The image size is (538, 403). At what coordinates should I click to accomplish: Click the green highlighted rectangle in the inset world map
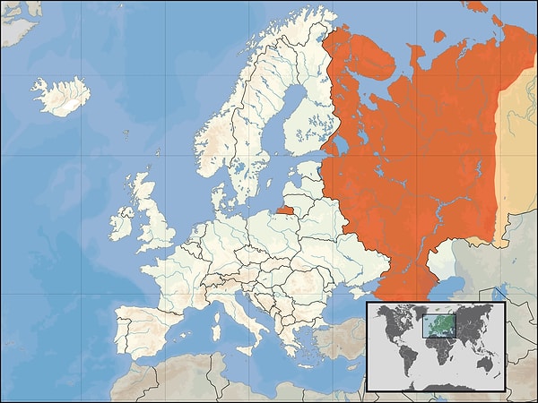coord(437,324)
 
